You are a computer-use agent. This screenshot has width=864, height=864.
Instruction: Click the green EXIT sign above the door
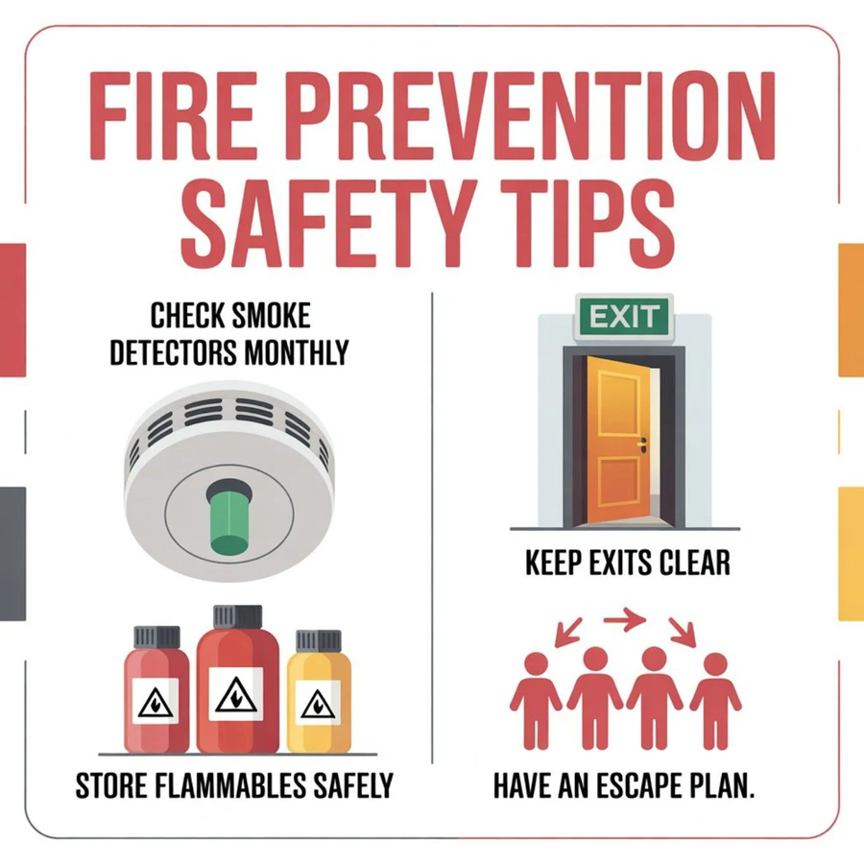pyautogui.click(x=624, y=317)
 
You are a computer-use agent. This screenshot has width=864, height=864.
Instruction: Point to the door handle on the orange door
pyautogui.click(x=642, y=444)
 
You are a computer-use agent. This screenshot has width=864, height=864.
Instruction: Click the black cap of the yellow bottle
pyautogui.click(x=319, y=641)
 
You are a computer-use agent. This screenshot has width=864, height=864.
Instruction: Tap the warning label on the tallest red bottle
pyautogui.click(x=236, y=693)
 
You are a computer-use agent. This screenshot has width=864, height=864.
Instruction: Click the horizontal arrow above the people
pyautogui.click(x=624, y=619)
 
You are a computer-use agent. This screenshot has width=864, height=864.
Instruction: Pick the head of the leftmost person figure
pyautogui.click(x=536, y=663)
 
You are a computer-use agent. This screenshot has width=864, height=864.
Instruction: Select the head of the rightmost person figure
pyautogui.click(x=715, y=663)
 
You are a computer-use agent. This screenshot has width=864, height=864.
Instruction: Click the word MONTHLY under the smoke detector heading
pyautogui.click(x=296, y=352)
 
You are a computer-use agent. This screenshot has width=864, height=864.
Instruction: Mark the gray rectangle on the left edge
pyautogui.click(x=12, y=553)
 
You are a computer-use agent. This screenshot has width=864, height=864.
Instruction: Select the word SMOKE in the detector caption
pyautogui.click(x=270, y=316)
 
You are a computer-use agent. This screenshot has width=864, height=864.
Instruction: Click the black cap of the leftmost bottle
pyautogui.click(x=157, y=637)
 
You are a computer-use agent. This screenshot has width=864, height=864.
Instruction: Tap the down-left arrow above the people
pyautogui.click(x=568, y=632)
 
